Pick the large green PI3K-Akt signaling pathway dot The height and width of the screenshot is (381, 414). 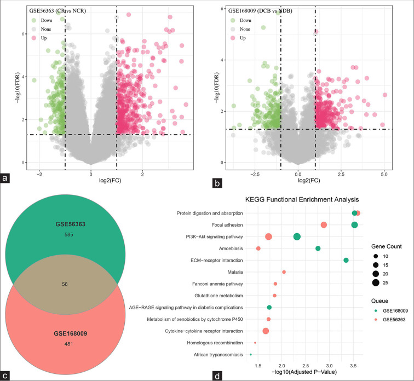point(297,236)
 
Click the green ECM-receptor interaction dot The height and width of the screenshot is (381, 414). point(346,260)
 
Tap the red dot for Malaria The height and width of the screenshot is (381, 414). point(284,272)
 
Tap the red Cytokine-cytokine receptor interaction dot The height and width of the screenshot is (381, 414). point(266,331)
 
